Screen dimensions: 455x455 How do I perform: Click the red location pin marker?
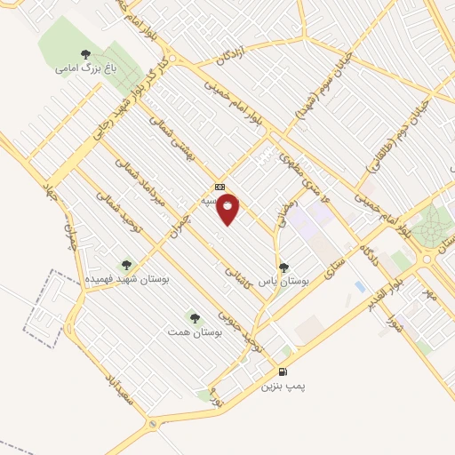pyautogui.click(x=227, y=209)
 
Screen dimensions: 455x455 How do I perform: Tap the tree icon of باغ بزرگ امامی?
pyautogui.click(x=85, y=54)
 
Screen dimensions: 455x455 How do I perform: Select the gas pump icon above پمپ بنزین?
pyautogui.click(x=283, y=371)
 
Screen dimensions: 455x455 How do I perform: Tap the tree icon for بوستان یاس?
pyautogui.click(x=283, y=267)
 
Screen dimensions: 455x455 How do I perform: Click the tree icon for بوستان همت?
pyautogui.click(x=194, y=317)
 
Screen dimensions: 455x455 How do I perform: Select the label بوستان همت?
pyautogui.click(x=190, y=331)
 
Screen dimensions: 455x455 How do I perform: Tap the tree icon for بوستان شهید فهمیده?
pyautogui.click(x=125, y=264)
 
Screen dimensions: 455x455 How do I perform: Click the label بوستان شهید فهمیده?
pyautogui.click(x=127, y=278)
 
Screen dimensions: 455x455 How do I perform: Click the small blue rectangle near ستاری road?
pyautogui.click(x=359, y=286)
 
